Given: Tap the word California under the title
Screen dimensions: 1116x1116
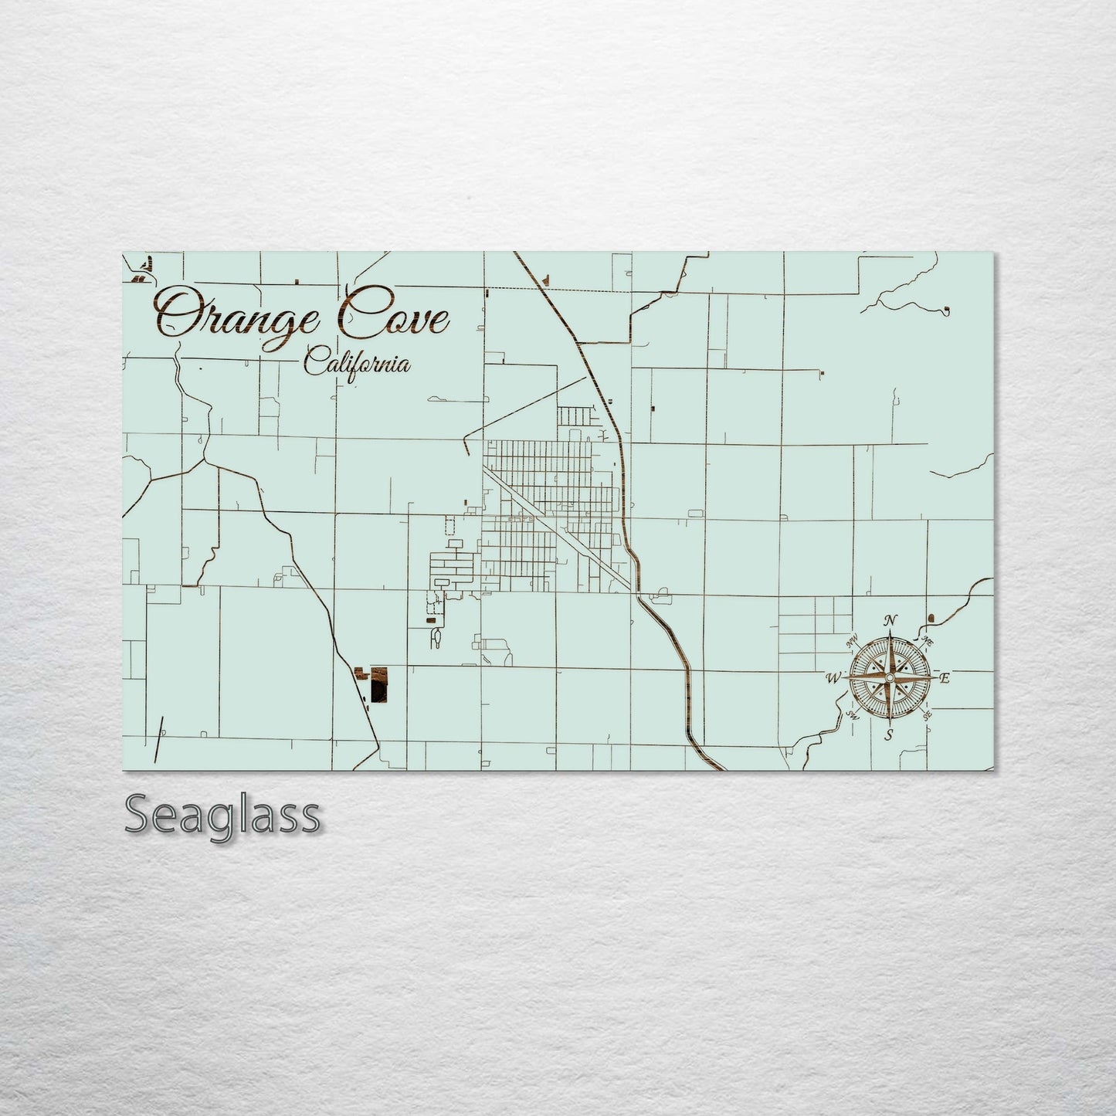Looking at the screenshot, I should [357, 362].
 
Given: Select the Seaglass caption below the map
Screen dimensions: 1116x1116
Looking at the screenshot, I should [222, 814].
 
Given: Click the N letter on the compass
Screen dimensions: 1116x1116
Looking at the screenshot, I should [890, 620].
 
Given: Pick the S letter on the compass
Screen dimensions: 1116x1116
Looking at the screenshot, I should [890, 734].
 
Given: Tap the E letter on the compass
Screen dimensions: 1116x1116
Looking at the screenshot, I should [945, 678].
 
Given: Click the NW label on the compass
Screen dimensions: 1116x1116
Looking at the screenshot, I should [853, 640].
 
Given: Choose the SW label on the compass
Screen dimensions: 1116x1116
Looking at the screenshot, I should [853, 716].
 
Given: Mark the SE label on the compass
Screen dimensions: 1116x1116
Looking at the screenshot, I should [927, 716].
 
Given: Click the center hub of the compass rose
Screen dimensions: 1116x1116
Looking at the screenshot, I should [890, 677].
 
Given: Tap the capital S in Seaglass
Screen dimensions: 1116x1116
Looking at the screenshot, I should [137, 813].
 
